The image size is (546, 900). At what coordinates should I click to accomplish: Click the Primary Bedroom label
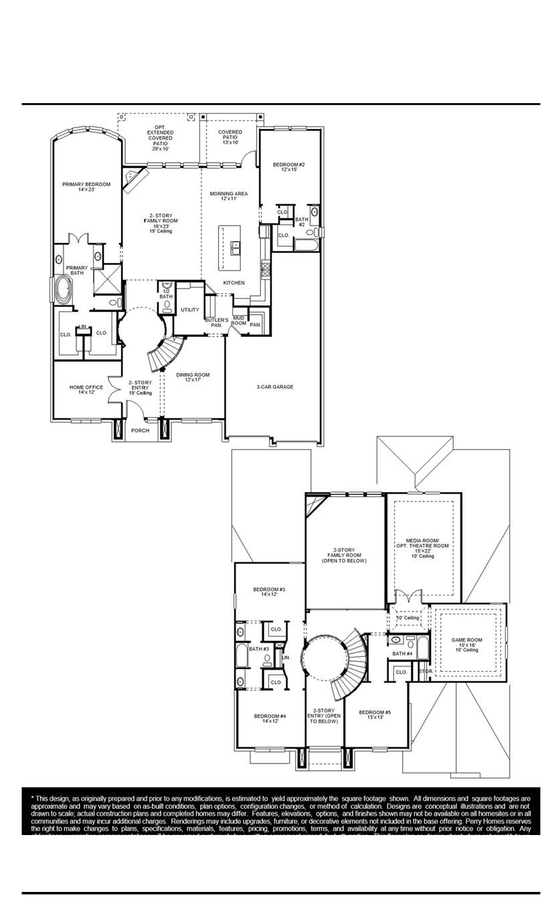pos(86,187)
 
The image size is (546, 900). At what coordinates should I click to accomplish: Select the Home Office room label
pos(86,390)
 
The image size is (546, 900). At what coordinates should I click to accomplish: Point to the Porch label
pos(140,431)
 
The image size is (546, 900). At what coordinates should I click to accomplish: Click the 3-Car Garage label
pos(274,387)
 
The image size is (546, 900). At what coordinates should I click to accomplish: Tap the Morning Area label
pos(228,196)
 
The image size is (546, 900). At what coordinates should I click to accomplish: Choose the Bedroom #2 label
pos(289,167)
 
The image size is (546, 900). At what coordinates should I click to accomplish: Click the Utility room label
pos(190,310)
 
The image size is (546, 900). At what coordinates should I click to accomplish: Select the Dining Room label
pos(193,378)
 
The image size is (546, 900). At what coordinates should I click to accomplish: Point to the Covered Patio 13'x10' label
pos(230,137)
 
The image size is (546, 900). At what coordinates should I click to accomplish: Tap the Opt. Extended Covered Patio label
pos(160,137)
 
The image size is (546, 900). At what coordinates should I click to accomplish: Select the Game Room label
pos(466,644)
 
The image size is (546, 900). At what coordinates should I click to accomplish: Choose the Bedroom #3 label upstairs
pos(269,592)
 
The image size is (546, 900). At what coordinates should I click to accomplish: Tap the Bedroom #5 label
pos(375,715)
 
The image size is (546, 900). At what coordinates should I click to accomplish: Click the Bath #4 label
pos(402,654)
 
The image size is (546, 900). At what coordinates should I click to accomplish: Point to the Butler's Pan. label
pos(216,323)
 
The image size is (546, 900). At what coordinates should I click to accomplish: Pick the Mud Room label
pos(239,321)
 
